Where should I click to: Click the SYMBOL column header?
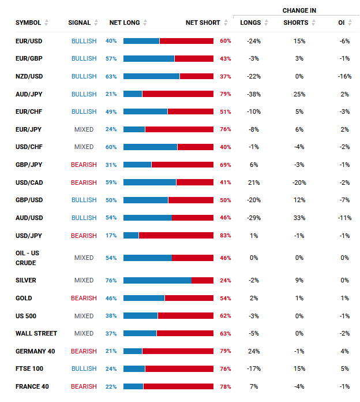click(x=28, y=23)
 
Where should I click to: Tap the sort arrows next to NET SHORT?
click(x=226, y=23)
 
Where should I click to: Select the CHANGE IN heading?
click(x=299, y=10)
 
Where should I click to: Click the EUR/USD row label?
click(x=28, y=41)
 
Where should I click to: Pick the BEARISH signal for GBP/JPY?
click(x=84, y=165)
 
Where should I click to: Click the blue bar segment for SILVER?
click(x=157, y=280)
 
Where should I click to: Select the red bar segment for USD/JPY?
click(x=176, y=236)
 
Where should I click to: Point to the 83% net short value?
click(x=225, y=236)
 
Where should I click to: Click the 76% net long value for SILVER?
click(x=111, y=280)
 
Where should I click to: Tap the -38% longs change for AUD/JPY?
click(x=253, y=94)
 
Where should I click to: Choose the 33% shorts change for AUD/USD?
click(x=299, y=218)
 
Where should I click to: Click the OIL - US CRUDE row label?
click(x=27, y=258)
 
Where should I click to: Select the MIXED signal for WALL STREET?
click(x=84, y=333)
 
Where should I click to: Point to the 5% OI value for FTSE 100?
click(x=344, y=368)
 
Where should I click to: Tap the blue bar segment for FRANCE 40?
click(x=133, y=386)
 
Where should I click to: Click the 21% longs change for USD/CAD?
click(x=253, y=183)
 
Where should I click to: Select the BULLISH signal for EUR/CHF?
click(x=84, y=111)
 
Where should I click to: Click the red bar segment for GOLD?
click(x=189, y=298)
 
